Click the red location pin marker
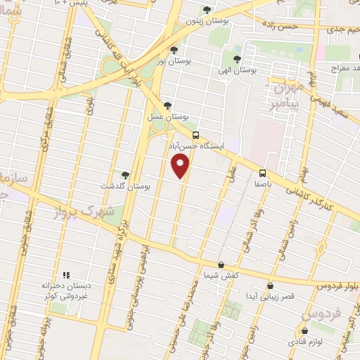click(181, 166)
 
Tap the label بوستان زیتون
click(206, 21)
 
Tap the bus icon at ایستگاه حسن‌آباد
click(195, 135)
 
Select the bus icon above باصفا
click(262, 173)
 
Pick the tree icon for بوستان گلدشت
click(126, 174)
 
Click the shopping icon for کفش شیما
click(221, 264)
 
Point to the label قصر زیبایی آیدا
click(271, 297)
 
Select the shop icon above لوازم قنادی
click(304, 330)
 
